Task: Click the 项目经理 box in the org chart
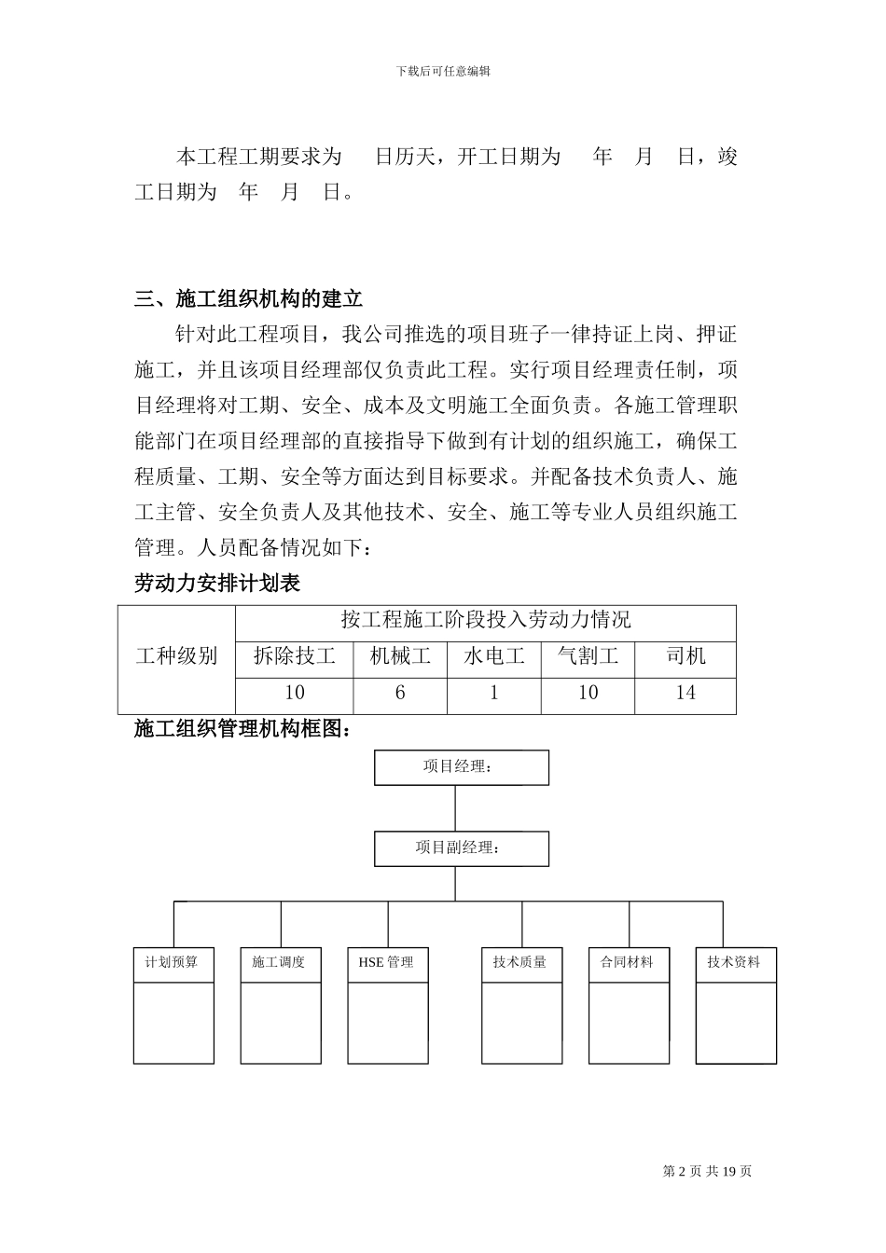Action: point(461,767)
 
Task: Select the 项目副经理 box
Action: point(461,848)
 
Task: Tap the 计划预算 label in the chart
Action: point(173,962)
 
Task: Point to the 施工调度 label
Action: point(280,962)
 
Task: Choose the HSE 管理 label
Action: point(386,962)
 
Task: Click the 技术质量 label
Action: point(520,962)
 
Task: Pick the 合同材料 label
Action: point(628,962)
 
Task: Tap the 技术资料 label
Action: point(735,962)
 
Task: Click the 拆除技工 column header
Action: point(295,656)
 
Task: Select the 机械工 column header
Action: point(400,656)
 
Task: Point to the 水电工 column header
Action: point(494,656)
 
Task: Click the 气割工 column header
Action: point(588,656)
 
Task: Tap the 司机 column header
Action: point(685,656)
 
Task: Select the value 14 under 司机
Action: point(685,693)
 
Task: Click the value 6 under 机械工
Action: point(400,693)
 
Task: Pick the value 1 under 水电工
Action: point(494,693)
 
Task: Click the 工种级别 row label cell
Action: point(176,656)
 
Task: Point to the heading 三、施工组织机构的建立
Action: point(249,299)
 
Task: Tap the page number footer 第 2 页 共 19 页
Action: point(707,1172)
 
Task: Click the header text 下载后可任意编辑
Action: point(443,71)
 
